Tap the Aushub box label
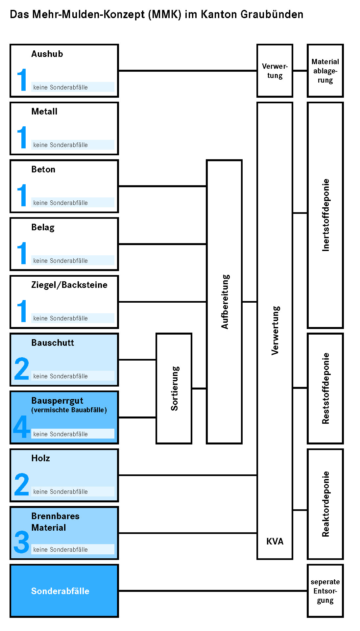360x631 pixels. tap(47, 54)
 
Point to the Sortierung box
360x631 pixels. tap(174, 389)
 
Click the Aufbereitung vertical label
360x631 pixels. tap(225, 302)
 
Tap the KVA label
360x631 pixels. tap(275, 541)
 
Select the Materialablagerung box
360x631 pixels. tap(325, 71)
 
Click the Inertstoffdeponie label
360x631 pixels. tap(325, 215)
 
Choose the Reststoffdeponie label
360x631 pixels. tap(325, 389)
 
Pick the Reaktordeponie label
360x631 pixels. tap(325, 504)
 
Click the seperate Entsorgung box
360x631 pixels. tap(325, 591)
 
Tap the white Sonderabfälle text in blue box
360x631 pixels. tap(60, 591)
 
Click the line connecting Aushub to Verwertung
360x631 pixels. tap(188, 70)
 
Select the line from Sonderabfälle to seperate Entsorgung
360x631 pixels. tap(213, 591)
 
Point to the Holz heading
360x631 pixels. tap(40, 458)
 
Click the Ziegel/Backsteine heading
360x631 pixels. tap(69, 285)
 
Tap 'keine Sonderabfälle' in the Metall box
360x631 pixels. tap(60, 145)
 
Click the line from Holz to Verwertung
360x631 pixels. tap(188, 475)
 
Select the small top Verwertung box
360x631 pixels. tap(275, 71)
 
